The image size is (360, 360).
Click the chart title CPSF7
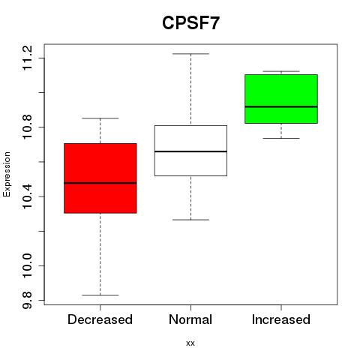click(190, 23)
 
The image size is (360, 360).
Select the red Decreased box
click(100, 178)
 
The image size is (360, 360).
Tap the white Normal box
click(190, 151)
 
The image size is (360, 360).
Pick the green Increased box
click(281, 99)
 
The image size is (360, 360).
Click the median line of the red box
click(100, 183)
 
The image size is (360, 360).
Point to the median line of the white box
click(190, 151)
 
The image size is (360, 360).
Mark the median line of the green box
click(281, 106)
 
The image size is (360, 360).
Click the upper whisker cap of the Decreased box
click(100, 118)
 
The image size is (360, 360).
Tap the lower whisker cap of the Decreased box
click(100, 295)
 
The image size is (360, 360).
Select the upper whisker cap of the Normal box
click(190, 54)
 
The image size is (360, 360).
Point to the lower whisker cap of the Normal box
click(190, 220)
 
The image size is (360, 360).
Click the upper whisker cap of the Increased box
click(281, 71)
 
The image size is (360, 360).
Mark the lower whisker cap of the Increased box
click(281, 138)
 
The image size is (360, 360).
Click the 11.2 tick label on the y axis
click(27, 58)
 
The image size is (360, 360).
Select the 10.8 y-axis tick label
click(27, 127)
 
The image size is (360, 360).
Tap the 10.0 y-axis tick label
click(27, 265)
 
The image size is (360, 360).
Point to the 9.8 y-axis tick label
click(27, 300)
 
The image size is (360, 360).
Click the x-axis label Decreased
click(100, 319)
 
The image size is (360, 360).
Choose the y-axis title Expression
click(7, 174)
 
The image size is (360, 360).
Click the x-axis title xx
click(190, 343)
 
